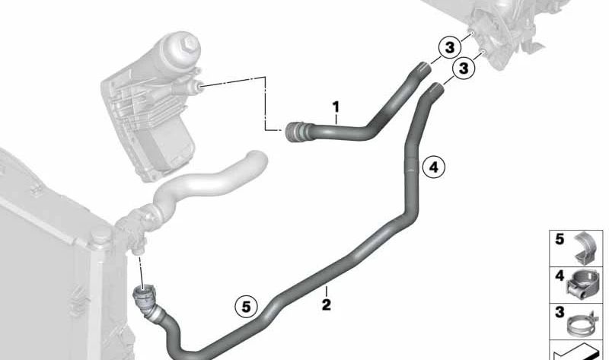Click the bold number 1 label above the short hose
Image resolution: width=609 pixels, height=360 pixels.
click(x=336, y=107)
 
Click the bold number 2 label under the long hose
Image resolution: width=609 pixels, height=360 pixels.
click(x=327, y=305)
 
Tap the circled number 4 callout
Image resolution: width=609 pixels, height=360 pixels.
click(x=433, y=167)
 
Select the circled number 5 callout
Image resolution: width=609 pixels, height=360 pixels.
click(x=247, y=307)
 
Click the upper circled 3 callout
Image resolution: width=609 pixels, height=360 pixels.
click(x=450, y=48)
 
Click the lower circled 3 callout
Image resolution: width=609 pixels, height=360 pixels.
click(x=464, y=68)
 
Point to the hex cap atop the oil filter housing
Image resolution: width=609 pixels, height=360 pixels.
click(x=189, y=45)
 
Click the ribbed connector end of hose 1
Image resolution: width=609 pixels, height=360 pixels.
click(x=295, y=132)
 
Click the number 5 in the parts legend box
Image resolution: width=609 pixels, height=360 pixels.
click(x=560, y=239)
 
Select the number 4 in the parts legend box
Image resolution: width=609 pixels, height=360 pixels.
click(x=560, y=276)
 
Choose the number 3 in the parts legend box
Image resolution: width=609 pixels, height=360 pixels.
click(x=560, y=312)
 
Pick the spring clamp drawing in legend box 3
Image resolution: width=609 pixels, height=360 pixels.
click(x=582, y=324)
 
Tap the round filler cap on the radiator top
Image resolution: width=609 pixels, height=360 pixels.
click(x=100, y=235)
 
